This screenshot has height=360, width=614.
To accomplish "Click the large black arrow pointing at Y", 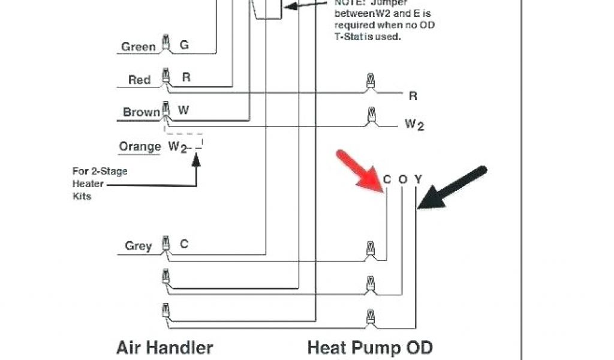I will [x=451, y=188].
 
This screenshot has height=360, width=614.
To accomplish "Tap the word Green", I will [x=139, y=47].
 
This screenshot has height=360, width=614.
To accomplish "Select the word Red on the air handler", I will [x=139, y=80].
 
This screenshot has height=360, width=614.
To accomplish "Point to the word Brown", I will [x=142, y=112].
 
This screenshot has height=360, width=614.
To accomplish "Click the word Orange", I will [x=140, y=146].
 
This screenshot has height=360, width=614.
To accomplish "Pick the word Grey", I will [x=138, y=246].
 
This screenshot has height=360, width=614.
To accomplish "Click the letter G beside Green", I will [x=184, y=45].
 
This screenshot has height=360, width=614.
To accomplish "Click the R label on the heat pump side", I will [x=413, y=96].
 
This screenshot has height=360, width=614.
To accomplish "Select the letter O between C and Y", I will [x=403, y=179].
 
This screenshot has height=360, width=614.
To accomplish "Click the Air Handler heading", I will [x=164, y=347].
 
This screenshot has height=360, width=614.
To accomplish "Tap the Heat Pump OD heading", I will [x=369, y=347].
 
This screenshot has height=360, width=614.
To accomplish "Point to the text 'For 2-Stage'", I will [x=100, y=172].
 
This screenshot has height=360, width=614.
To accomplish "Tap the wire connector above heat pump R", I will [x=371, y=82].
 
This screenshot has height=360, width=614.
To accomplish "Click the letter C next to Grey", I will [x=184, y=244].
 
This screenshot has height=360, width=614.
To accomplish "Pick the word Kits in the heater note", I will [x=82, y=196].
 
